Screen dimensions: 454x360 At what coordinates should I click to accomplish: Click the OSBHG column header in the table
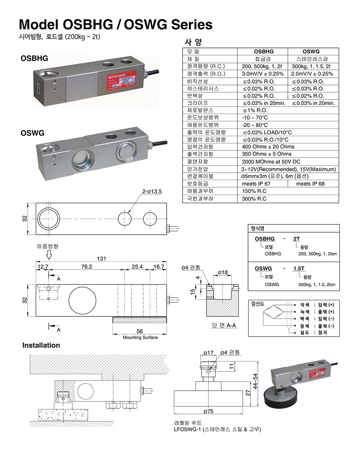click(x=264, y=51)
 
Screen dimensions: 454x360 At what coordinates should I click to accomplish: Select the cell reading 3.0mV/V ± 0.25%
click(x=263, y=74)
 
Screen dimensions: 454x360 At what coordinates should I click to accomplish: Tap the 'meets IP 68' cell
click(x=310, y=184)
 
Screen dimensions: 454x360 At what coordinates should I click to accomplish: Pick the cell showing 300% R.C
click(x=254, y=199)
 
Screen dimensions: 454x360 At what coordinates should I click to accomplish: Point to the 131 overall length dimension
click(x=102, y=259)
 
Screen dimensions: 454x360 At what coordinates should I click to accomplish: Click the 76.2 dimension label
click(x=86, y=267)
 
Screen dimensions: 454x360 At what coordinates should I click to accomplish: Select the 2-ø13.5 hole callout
click(x=152, y=192)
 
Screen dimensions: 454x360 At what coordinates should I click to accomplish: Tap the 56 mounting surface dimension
click(x=140, y=331)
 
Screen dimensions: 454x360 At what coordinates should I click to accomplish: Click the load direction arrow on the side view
click(x=49, y=255)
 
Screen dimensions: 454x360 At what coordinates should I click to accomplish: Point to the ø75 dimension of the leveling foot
click(x=208, y=411)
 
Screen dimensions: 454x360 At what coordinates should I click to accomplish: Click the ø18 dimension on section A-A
click(x=223, y=273)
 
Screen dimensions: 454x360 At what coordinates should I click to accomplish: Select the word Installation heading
click(x=41, y=345)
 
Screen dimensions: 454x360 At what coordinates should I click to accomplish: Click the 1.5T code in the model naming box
click(x=299, y=269)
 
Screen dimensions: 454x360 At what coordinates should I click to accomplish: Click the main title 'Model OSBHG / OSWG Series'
click(x=116, y=24)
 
